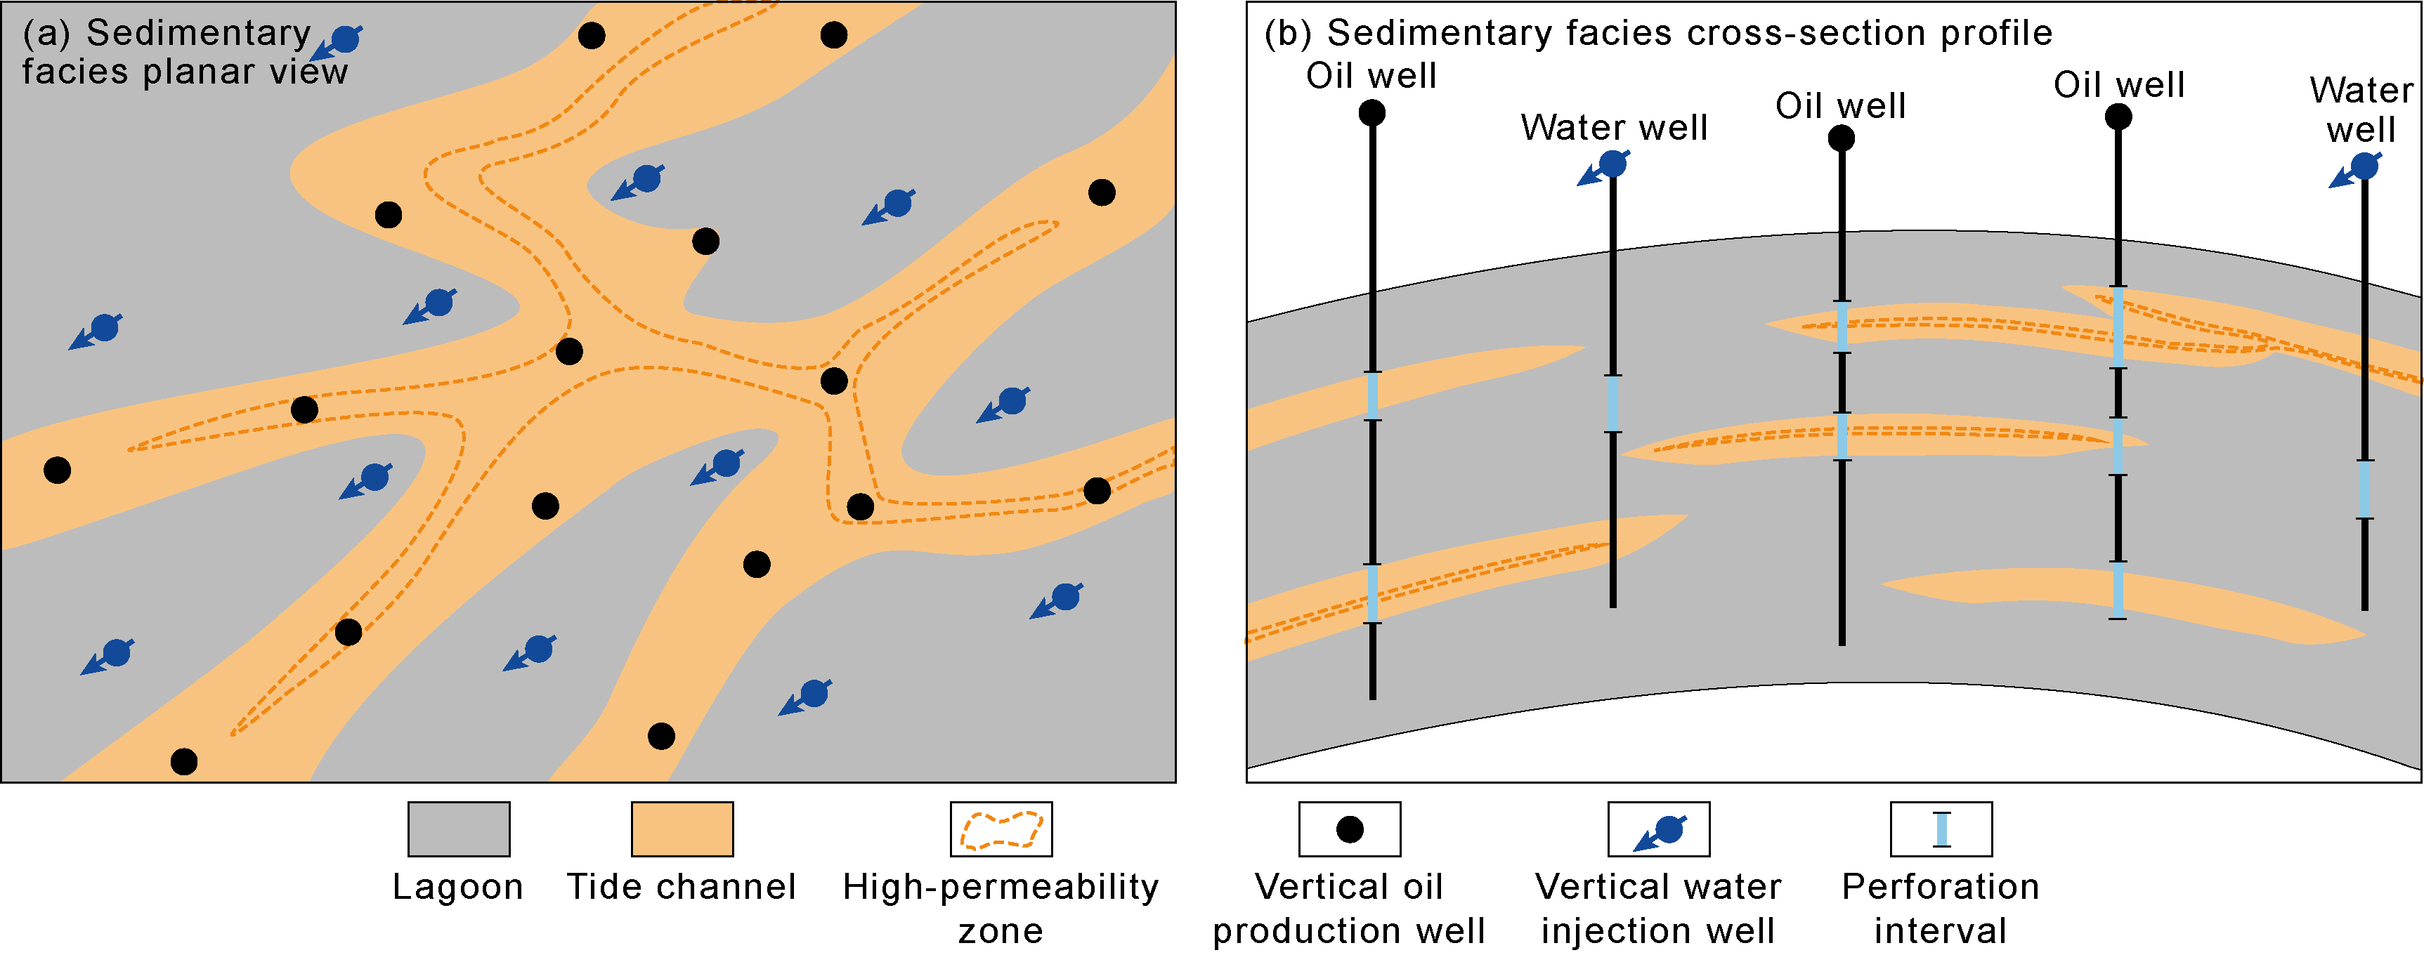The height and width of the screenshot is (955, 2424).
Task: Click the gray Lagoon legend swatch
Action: (458, 828)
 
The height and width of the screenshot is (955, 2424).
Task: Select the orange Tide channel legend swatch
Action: (682, 828)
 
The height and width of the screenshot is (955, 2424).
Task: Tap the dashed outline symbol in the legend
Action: (1001, 829)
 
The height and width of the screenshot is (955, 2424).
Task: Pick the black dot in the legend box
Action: (1350, 829)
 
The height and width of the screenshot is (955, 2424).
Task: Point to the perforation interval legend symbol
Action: (1941, 829)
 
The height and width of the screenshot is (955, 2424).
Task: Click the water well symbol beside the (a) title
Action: (341, 41)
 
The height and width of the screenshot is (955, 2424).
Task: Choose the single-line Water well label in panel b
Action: (1614, 127)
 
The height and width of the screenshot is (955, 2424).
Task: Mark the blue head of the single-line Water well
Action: (1613, 164)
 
